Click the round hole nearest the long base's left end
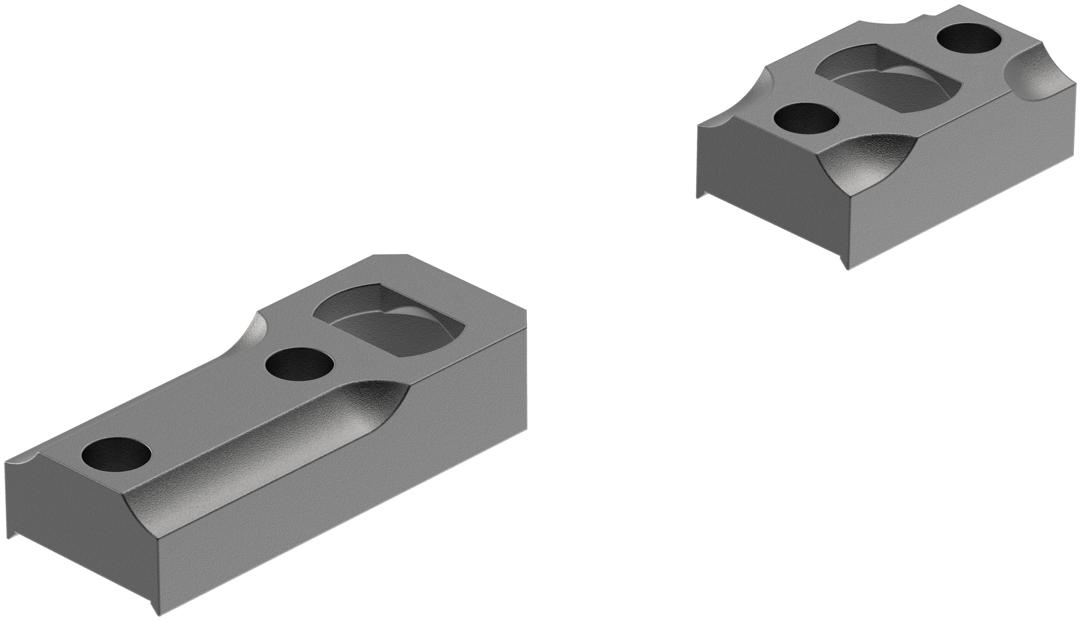pos(116,453)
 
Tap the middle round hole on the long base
pos(299,365)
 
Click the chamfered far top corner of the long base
pos(390,256)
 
